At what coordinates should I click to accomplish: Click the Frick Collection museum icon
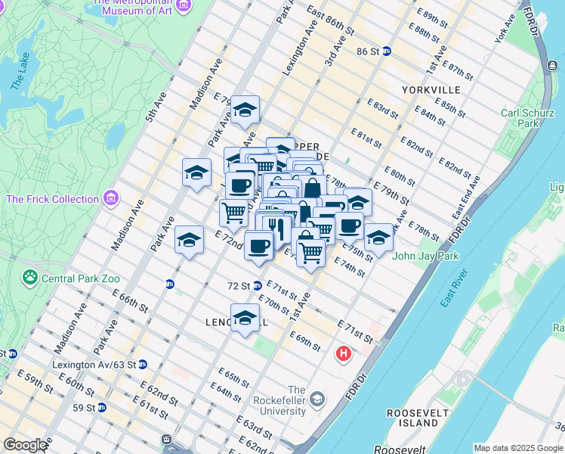click(112, 198)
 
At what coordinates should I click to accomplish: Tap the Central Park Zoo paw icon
click(30, 277)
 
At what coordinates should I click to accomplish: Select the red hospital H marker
click(344, 353)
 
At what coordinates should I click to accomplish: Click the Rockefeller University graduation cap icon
click(317, 399)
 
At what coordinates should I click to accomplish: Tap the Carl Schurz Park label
click(530, 118)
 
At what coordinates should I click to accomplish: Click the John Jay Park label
click(425, 256)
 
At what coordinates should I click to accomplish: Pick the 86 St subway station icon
click(387, 51)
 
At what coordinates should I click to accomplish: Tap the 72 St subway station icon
click(258, 286)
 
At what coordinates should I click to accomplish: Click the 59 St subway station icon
click(102, 407)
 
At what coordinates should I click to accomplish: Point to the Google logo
click(25, 445)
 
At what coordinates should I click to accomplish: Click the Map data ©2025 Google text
click(518, 448)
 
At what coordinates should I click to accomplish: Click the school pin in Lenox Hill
click(245, 318)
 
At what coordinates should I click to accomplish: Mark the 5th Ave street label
click(156, 111)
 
